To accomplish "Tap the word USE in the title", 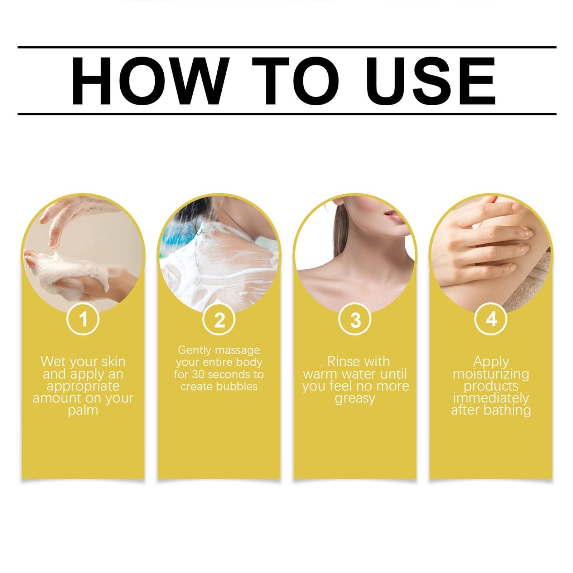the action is (x=430, y=80).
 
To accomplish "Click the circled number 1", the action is (x=83, y=318).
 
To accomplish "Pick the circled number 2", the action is (x=219, y=318).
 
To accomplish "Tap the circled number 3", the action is (x=355, y=318).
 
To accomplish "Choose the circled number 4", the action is (x=491, y=318).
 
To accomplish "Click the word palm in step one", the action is (x=83, y=410).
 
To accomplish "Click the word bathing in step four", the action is (x=508, y=410).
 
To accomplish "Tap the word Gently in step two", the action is (x=196, y=350).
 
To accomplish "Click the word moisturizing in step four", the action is (x=491, y=374).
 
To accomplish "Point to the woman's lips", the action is (x=390, y=214).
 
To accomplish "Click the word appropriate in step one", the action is (x=83, y=386).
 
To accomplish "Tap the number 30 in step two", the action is (x=198, y=375).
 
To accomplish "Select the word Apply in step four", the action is (x=491, y=362).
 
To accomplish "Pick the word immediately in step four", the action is (x=491, y=398).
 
